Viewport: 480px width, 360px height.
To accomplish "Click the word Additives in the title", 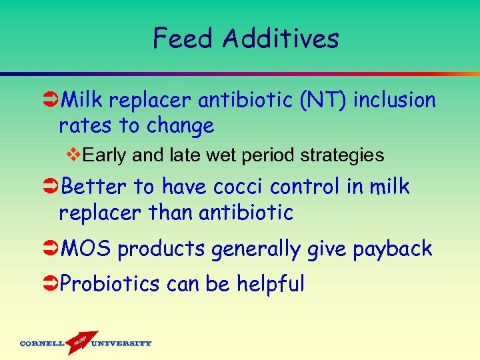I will [x=281, y=38].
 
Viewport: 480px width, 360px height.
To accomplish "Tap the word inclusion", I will [x=395, y=100].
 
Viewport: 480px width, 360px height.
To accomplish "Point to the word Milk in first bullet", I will [x=83, y=100].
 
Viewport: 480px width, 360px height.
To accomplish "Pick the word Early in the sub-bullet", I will [x=107, y=156].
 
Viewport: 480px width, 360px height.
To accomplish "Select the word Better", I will [x=93, y=187].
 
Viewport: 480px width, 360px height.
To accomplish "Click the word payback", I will [x=393, y=249].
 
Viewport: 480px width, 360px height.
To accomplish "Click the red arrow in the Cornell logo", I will [x=79, y=342].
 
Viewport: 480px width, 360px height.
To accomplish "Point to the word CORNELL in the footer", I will [x=42, y=344].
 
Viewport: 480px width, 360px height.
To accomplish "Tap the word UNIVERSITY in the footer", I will [x=121, y=344].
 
